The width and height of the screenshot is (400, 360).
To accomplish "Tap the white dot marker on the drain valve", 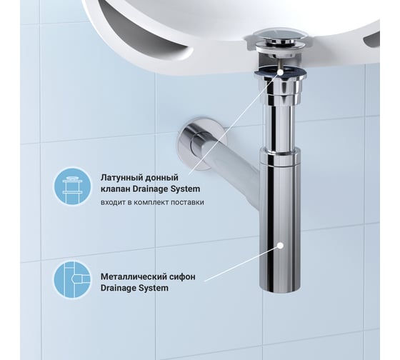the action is pos(280,72).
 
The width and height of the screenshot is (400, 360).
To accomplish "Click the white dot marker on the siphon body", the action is pos(280,246).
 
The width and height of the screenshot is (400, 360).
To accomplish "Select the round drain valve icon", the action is pos(72,186).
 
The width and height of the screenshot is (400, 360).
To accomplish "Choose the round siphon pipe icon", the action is pos(72,279).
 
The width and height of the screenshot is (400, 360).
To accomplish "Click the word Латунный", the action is pos(121,178).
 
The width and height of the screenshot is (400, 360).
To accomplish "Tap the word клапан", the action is pos(116,189).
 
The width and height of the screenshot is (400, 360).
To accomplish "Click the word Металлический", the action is pos(133,276).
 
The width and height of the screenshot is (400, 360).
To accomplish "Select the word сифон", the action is pos(181,276).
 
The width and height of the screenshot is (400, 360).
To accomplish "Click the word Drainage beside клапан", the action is pos(151,189).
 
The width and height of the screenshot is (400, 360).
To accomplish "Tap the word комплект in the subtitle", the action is pos(151,203).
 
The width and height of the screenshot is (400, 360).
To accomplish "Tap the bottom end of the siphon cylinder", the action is pos(280,289).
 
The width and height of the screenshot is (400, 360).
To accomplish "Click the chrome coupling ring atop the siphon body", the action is pos(280,156).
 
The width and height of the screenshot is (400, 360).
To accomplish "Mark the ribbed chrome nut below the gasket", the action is pos(280,91).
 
